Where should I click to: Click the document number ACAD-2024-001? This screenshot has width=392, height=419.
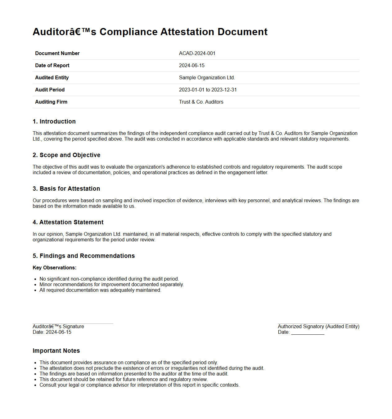pos(197,54)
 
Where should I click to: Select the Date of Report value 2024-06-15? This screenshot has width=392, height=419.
pos(191,66)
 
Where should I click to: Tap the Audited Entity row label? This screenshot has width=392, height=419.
pos(52,78)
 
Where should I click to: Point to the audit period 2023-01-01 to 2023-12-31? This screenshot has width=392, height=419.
pos(208,90)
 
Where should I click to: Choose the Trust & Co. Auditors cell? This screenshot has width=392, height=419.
pos(201,102)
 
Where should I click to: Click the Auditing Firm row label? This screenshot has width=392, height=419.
pos(51,102)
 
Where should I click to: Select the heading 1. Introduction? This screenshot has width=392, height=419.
pos(54,122)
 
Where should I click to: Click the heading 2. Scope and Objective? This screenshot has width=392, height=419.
pos(66,155)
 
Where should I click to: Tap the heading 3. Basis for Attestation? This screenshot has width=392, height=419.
pos(66,189)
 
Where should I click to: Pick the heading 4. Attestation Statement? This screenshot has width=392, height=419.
pos(68,222)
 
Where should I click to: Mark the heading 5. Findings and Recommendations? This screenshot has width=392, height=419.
pos(84,256)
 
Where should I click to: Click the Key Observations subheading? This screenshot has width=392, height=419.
pos(55,268)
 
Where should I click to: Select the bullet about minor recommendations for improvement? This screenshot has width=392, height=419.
pos(111,285)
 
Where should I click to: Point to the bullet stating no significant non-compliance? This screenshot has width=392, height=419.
pos(109,279)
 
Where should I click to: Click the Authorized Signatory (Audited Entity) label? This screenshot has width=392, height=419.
pos(318,327)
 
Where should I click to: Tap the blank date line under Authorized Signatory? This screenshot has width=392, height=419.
pos(308,333)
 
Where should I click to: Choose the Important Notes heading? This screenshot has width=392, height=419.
pos(56,351)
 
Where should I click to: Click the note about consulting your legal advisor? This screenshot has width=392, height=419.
pos(139,385)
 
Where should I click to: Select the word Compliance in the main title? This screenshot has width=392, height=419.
pos(128,32)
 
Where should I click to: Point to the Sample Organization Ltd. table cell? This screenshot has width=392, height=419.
pos(207,78)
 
